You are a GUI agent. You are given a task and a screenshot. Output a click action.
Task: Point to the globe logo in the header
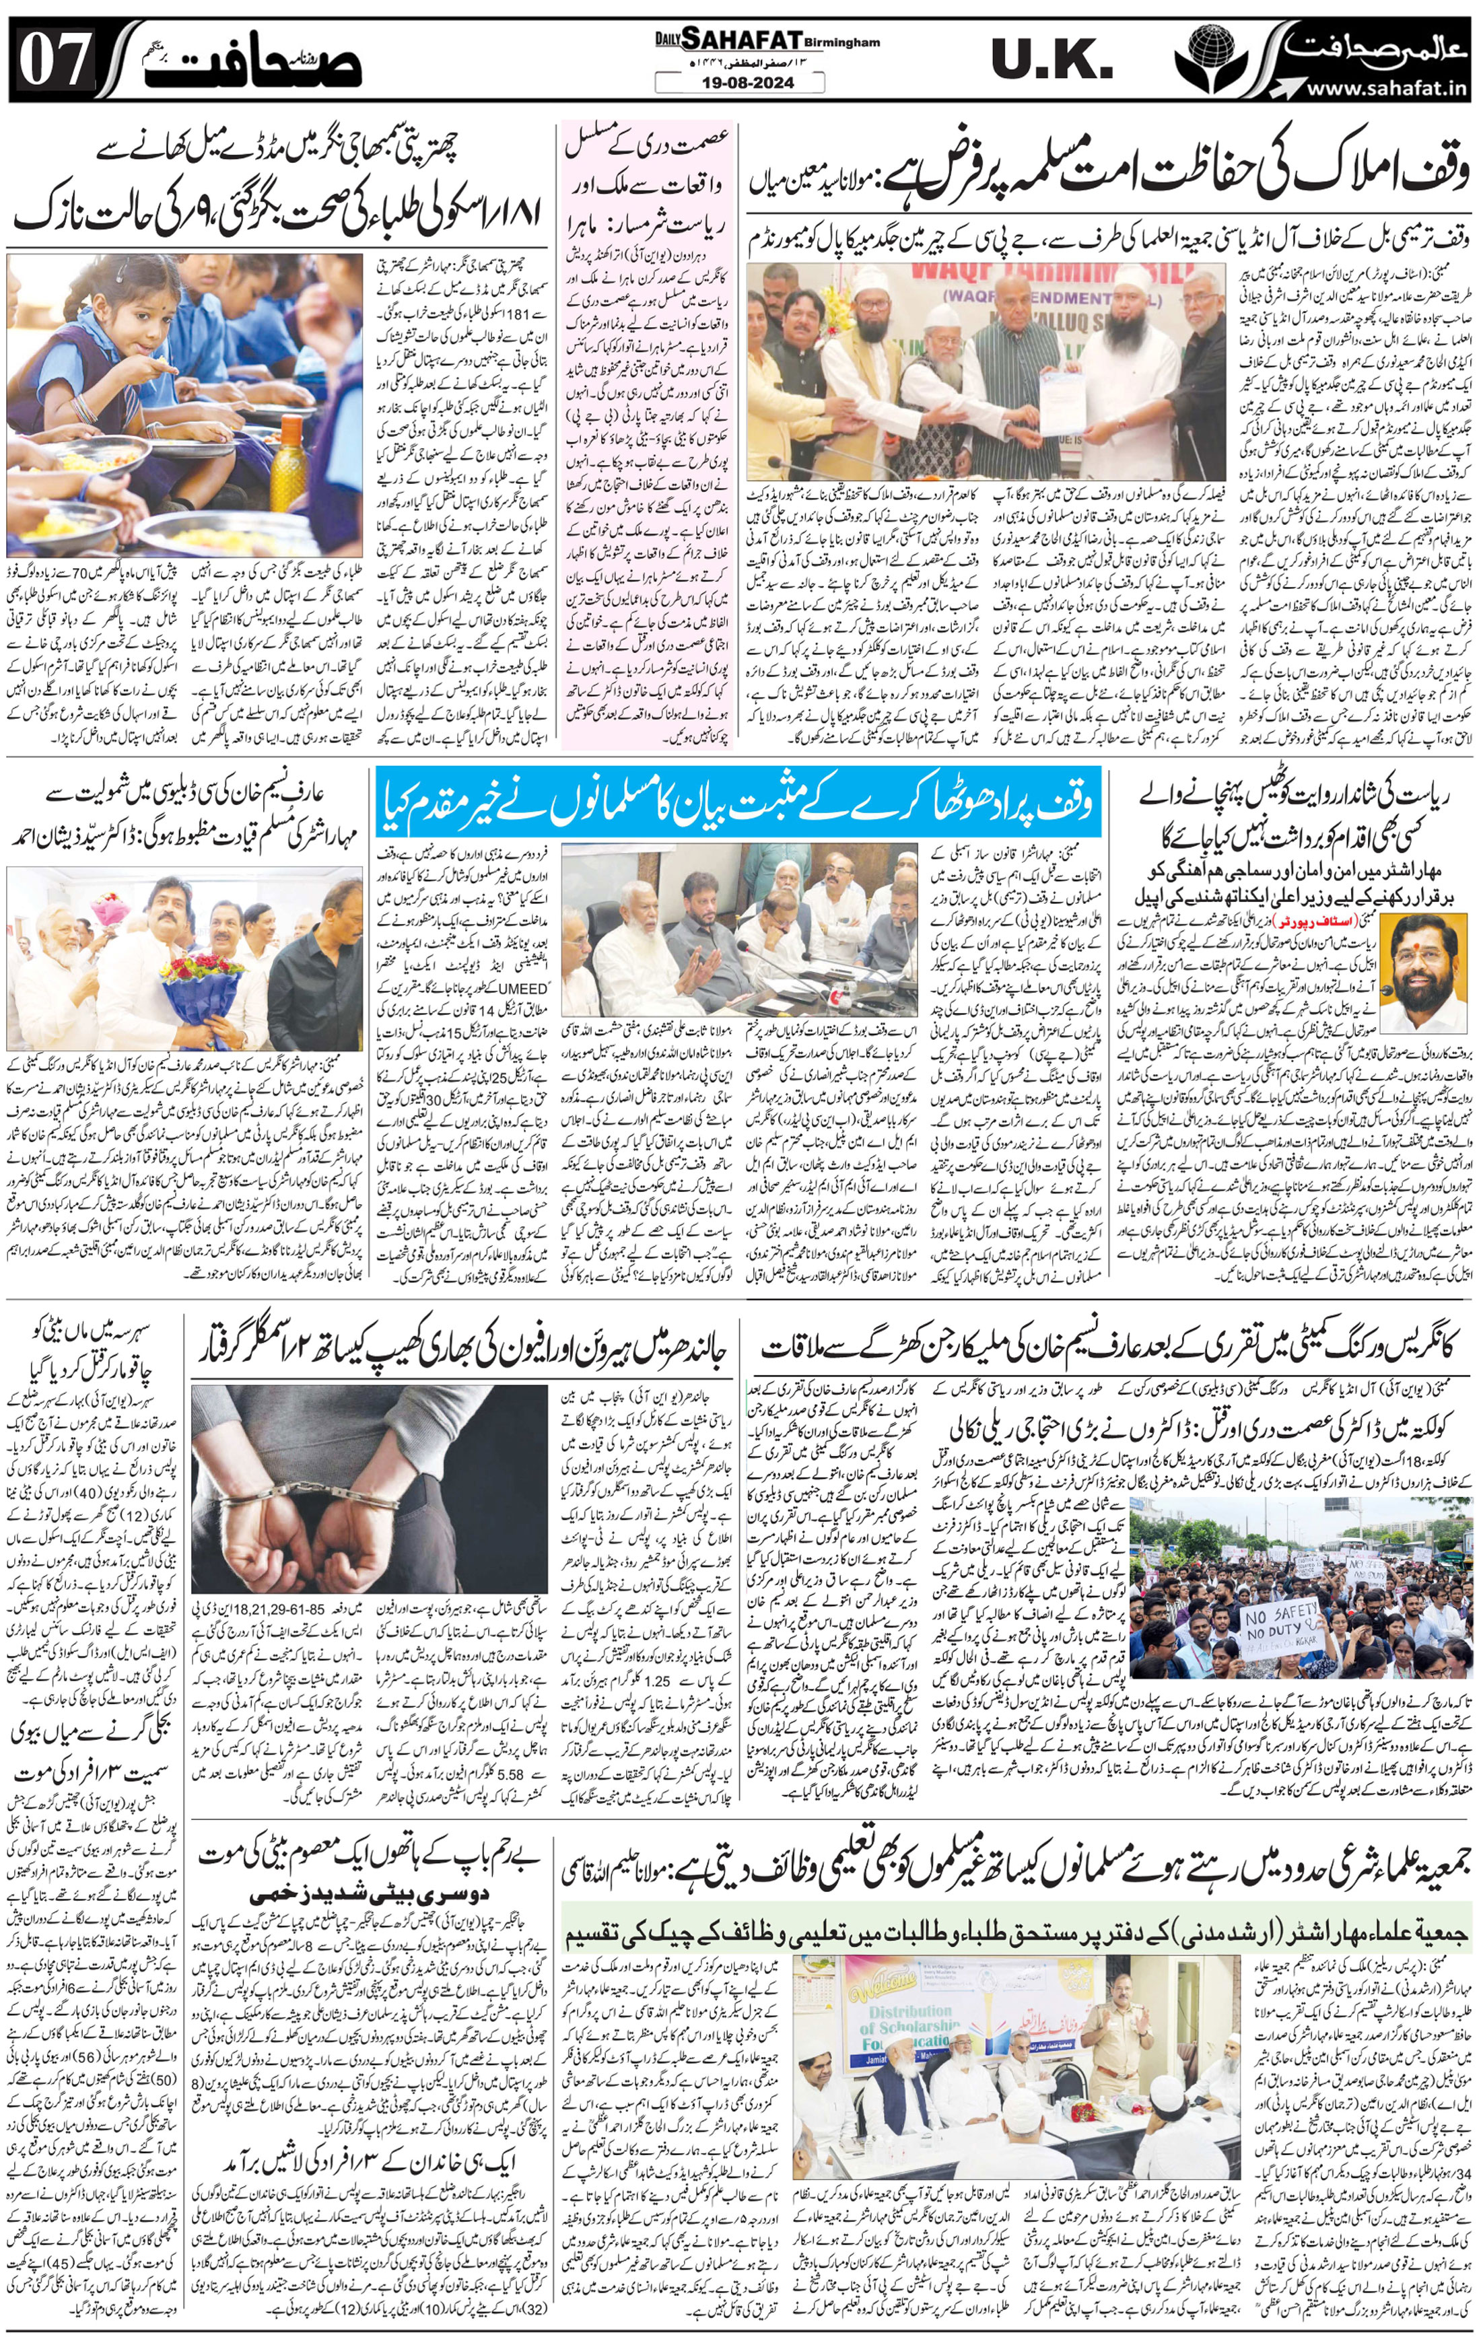1212,59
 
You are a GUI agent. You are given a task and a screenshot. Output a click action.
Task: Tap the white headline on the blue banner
739,803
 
